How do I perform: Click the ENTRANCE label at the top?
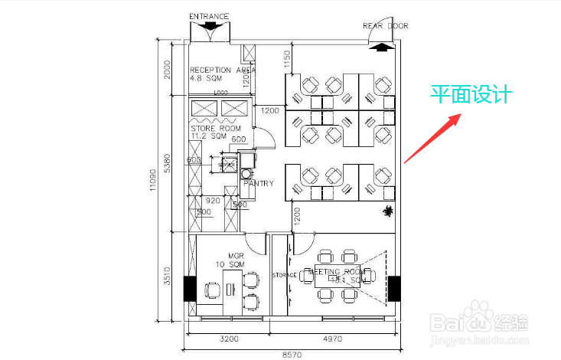point(210,15)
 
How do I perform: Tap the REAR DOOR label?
point(385,26)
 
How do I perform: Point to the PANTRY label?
point(259,184)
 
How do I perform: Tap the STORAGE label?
point(284,274)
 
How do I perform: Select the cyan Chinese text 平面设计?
point(469,95)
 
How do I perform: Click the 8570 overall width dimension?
point(292,355)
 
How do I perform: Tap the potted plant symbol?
point(388,211)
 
